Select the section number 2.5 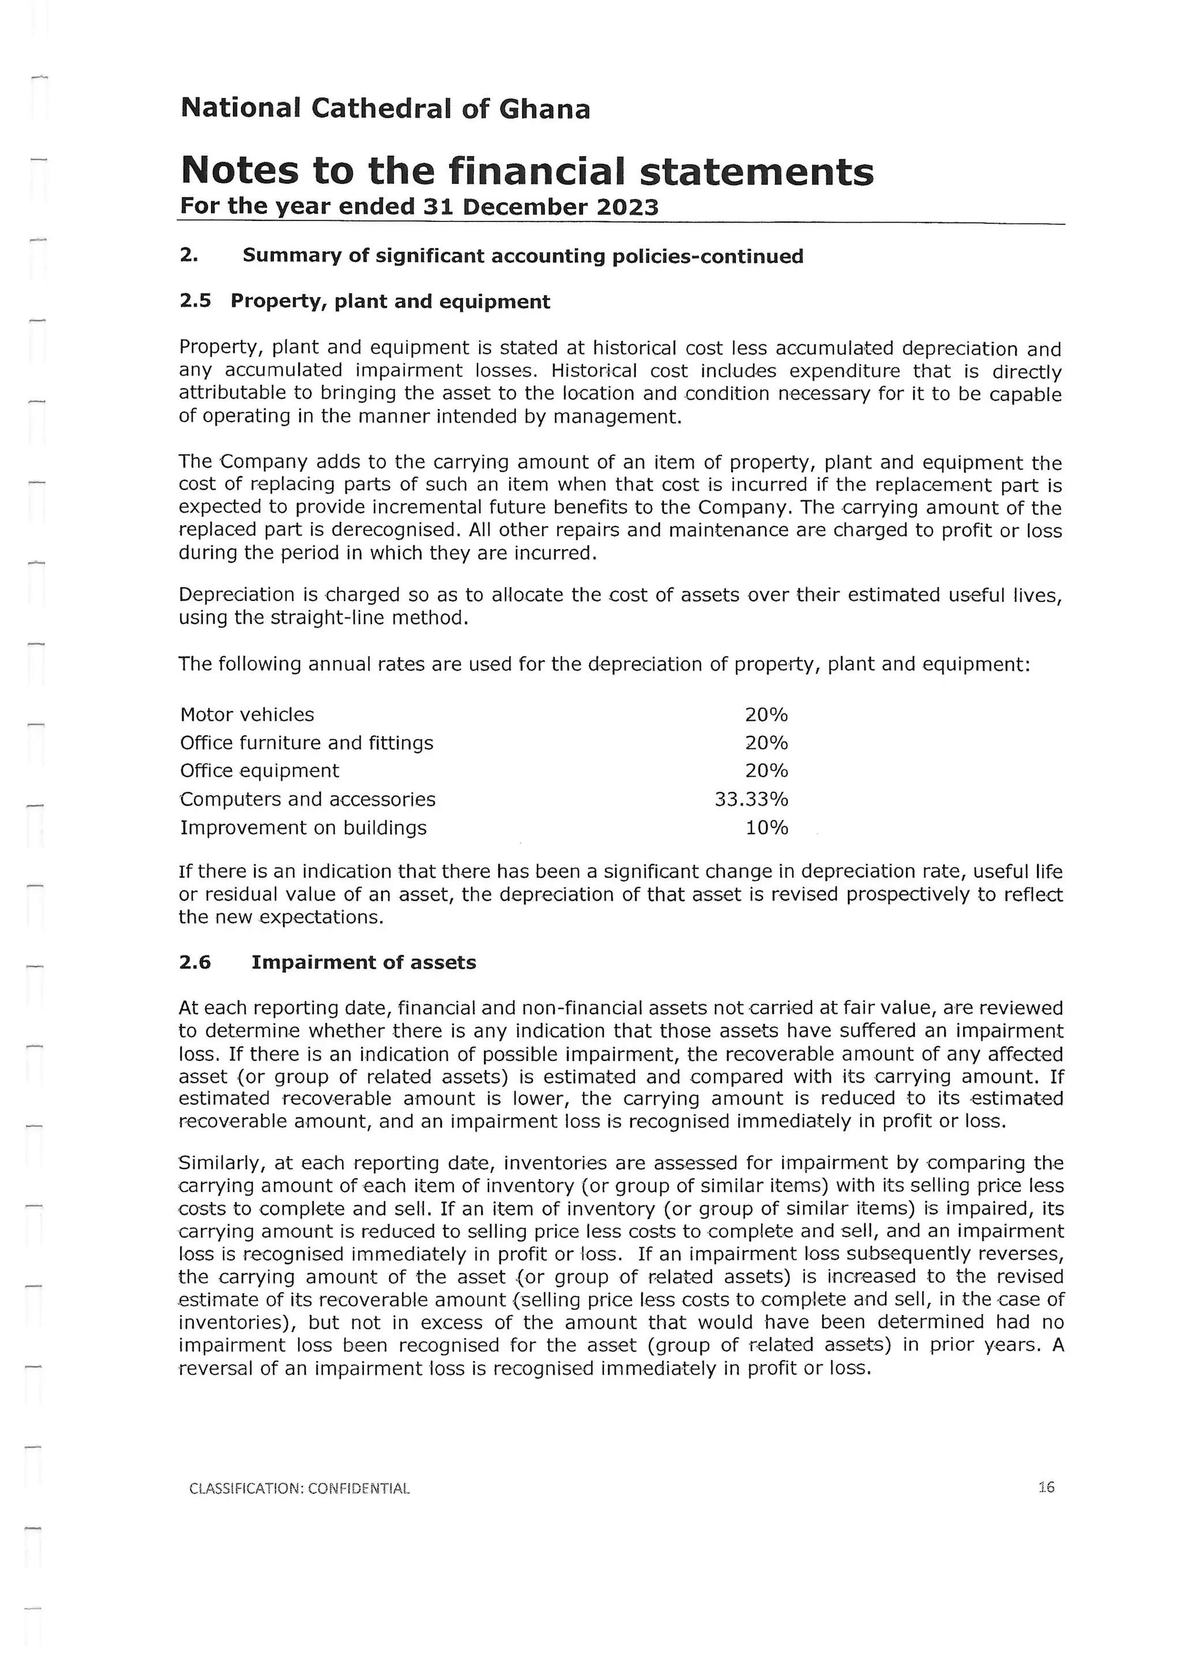(195, 302)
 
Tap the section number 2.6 (195, 962)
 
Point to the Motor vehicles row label (247, 715)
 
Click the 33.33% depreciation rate (751, 799)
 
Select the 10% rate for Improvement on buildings (766, 828)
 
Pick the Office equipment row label (259, 771)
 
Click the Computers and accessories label (307, 799)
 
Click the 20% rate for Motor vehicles (766, 715)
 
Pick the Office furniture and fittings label (306, 743)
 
